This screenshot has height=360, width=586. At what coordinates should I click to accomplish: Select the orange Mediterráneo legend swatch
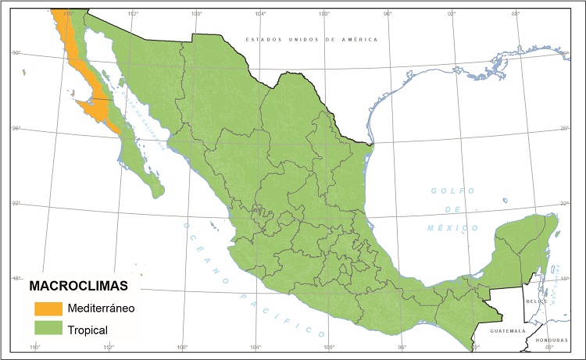(x=48, y=308)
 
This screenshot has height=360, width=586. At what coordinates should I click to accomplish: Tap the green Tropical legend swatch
(x=48, y=330)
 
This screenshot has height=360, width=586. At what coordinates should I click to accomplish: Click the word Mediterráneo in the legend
(x=101, y=308)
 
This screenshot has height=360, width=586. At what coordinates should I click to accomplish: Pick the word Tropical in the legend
(x=88, y=330)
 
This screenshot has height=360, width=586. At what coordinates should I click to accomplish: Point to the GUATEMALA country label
(x=508, y=331)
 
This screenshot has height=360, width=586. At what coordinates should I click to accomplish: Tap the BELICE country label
(x=537, y=301)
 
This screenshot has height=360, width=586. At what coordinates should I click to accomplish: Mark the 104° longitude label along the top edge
(x=260, y=13)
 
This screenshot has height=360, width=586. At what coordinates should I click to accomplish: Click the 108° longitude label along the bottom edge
(x=182, y=347)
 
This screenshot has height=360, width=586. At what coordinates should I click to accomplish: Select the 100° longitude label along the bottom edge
(x=328, y=347)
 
